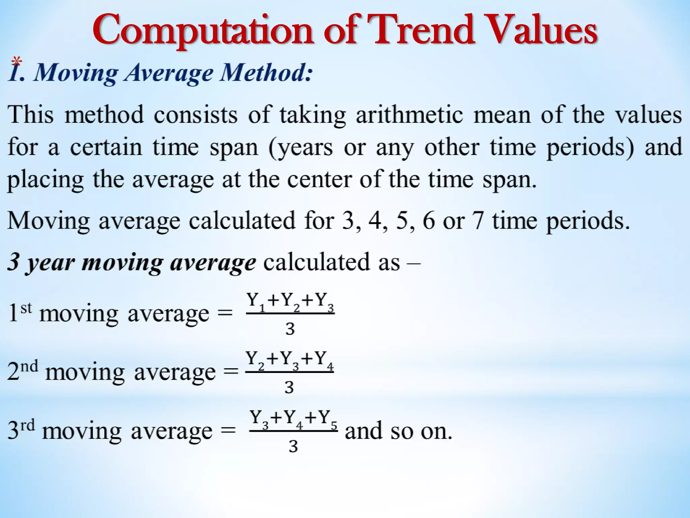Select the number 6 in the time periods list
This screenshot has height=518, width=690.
click(x=429, y=221)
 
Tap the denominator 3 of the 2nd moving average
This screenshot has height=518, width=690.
click(x=289, y=387)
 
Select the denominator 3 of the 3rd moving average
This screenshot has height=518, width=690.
click(x=293, y=446)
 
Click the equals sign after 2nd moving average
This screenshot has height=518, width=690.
click(x=231, y=372)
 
